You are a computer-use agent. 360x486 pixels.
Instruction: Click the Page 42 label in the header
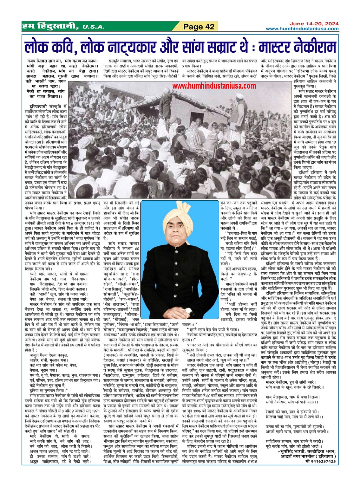[199, 27]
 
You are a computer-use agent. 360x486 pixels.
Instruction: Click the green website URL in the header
[302, 29]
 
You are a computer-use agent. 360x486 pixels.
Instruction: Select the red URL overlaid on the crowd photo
[214, 86]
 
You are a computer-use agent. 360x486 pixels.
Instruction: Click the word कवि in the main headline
[62, 47]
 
